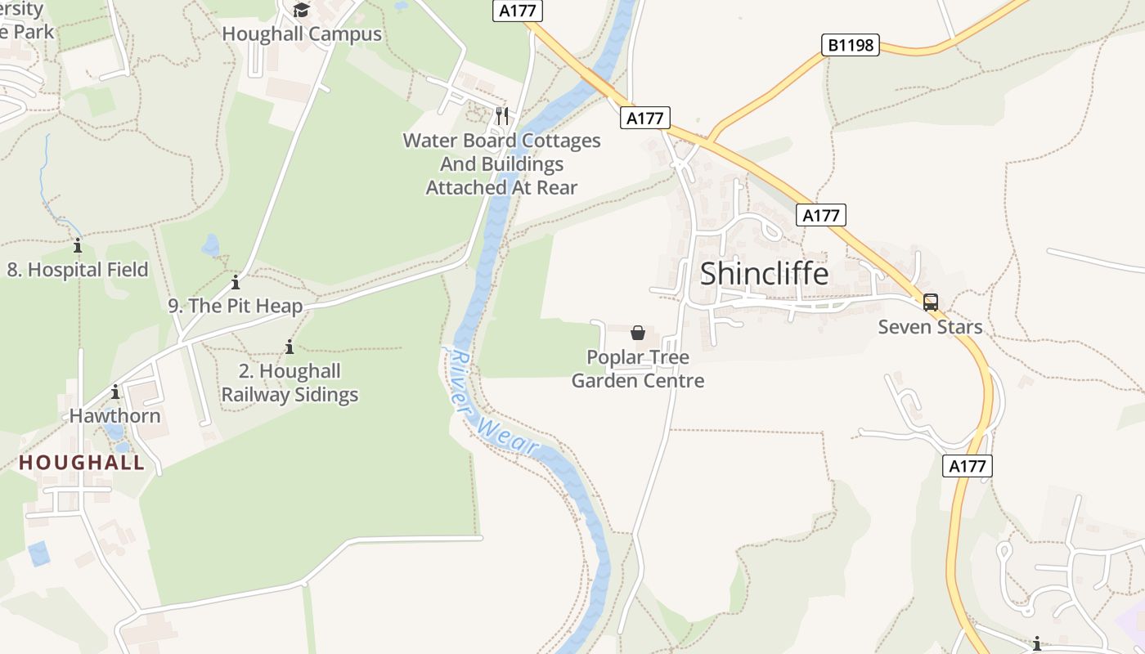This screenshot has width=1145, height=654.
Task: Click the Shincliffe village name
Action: [x=764, y=274]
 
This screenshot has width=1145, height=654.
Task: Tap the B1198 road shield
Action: [x=851, y=45]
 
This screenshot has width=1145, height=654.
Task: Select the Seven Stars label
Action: [x=930, y=327]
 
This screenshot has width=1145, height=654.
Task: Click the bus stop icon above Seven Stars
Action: [x=931, y=302]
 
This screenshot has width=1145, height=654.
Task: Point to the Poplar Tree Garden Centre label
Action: [x=638, y=369]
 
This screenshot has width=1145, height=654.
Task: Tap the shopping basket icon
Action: [x=638, y=333]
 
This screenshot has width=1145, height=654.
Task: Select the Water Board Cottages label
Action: [x=501, y=163]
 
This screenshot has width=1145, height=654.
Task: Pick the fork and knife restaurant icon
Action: [x=502, y=116]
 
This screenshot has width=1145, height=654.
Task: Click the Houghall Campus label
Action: [x=302, y=34]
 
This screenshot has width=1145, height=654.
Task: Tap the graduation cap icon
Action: [x=302, y=11]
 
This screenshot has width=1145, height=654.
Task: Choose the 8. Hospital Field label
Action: [x=78, y=270]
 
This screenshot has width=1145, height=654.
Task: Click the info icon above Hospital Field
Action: [x=78, y=245]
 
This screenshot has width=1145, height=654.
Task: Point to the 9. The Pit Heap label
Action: [x=236, y=306]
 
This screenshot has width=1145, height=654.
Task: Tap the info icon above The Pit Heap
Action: [x=236, y=283]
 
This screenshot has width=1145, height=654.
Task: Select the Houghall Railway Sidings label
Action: [x=290, y=383]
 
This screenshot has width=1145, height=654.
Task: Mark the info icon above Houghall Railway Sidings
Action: [x=289, y=347]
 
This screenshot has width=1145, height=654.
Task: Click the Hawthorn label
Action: [x=114, y=415]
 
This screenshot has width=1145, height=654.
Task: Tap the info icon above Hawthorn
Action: [x=115, y=392]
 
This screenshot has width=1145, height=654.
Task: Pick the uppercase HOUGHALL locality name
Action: [x=82, y=463]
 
